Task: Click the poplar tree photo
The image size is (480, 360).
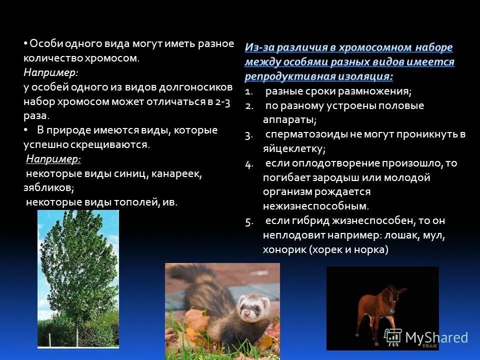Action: click(78, 278)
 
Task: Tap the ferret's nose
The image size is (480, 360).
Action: click(246, 313)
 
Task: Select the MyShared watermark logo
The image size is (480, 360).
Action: click(426, 337)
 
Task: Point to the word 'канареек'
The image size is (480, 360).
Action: click(176, 173)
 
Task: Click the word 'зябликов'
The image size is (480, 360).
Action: click(48, 188)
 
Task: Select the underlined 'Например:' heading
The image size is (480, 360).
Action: click(53, 159)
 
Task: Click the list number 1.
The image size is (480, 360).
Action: click(249, 91)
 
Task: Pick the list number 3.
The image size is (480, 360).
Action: click(249, 134)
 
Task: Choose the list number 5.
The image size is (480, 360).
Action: click(249, 221)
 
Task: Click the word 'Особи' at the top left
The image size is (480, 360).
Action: click(43, 44)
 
